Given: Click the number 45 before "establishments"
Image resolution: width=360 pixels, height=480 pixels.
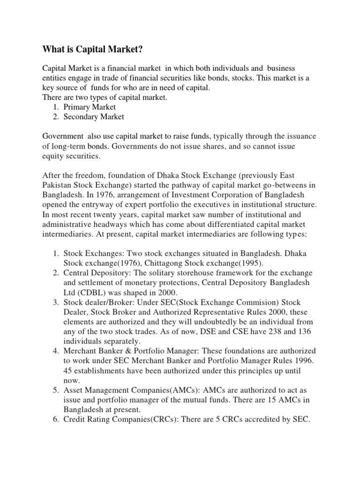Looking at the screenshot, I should [68, 370].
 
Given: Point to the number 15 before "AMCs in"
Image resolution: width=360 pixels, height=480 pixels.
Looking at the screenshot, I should [277, 400].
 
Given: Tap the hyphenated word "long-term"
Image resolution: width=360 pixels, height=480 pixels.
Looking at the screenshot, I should [67, 147].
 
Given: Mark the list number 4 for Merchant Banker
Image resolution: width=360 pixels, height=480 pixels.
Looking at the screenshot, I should [55, 351].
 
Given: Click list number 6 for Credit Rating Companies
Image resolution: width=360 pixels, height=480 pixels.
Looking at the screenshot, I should [55, 420].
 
